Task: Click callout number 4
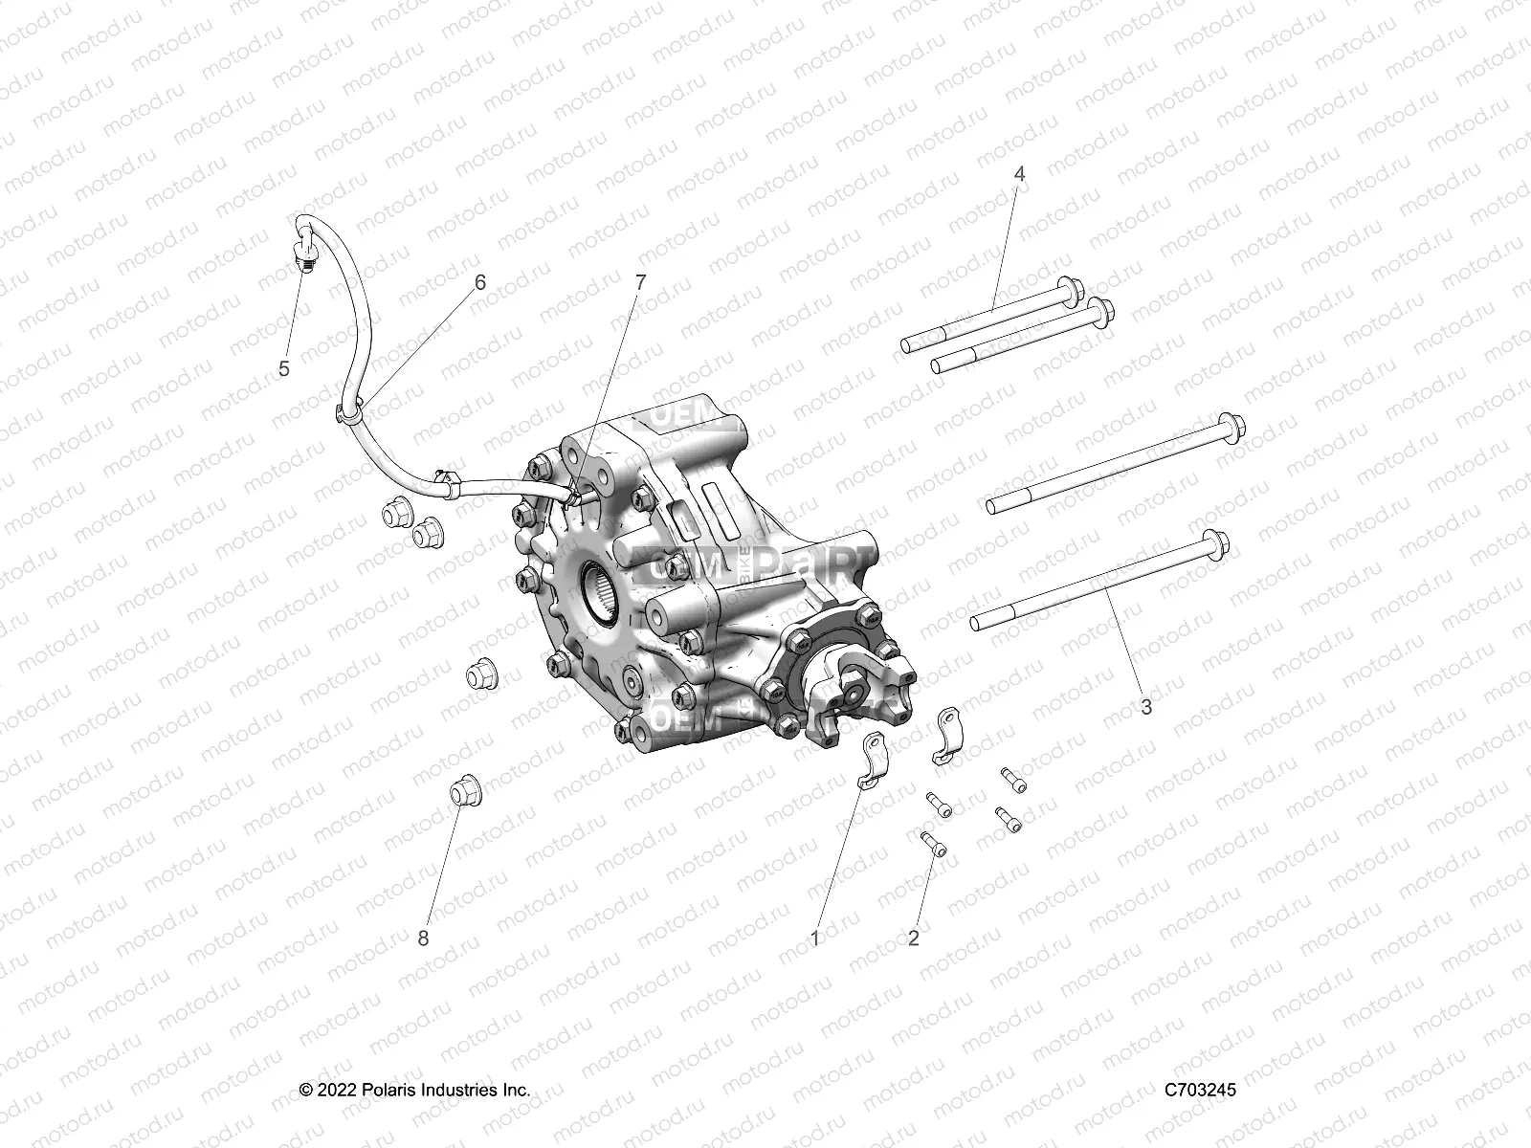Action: click(x=1019, y=174)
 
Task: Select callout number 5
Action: click(x=284, y=369)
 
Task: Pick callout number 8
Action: click(x=423, y=938)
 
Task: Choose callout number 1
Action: click(x=815, y=938)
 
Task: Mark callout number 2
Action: click(x=914, y=938)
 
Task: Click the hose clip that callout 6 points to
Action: click(x=348, y=410)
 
